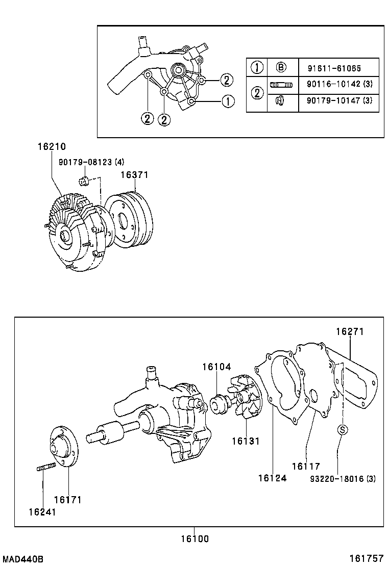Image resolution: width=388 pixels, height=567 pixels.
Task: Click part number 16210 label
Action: pos(52,147)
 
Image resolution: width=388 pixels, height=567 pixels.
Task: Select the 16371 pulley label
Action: pos(134,175)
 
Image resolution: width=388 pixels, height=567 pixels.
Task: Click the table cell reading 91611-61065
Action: pos(334,68)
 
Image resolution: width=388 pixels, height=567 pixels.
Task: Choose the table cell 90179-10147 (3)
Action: pos(339,101)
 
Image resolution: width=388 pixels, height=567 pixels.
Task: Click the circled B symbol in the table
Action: pos(281,67)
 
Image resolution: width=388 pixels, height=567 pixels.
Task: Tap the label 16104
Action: pos(216,367)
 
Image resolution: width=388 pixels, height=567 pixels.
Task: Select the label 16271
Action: pos(350,331)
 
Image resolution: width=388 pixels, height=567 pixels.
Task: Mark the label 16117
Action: pos(306,466)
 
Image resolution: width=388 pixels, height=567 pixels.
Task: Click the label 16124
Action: pos(272,478)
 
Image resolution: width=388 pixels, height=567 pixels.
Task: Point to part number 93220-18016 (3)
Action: pos(343,478)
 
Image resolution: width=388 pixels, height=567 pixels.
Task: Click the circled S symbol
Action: pos(342,430)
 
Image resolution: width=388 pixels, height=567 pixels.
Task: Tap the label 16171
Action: pos(67,500)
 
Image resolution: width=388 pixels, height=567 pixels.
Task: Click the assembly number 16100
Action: pos(194,538)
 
